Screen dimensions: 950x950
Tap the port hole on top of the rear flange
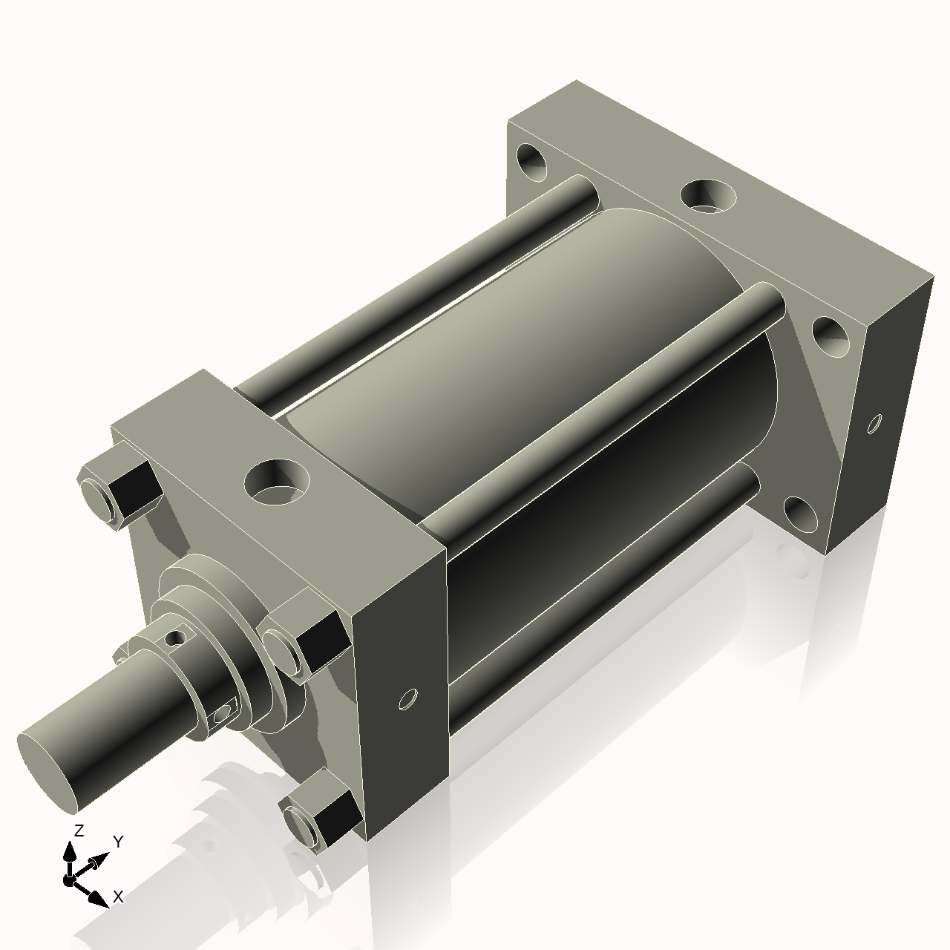[x=709, y=195]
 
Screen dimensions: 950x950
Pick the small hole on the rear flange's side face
[x=876, y=425]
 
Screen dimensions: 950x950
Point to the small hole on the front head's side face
[x=407, y=699]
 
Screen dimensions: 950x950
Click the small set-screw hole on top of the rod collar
[x=176, y=637]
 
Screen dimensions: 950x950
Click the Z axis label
[x=79, y=830]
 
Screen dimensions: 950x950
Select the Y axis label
[x=118, y=841]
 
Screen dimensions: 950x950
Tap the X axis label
[x=118, y=897]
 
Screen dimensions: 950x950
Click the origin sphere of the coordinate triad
[x=69, y=881]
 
